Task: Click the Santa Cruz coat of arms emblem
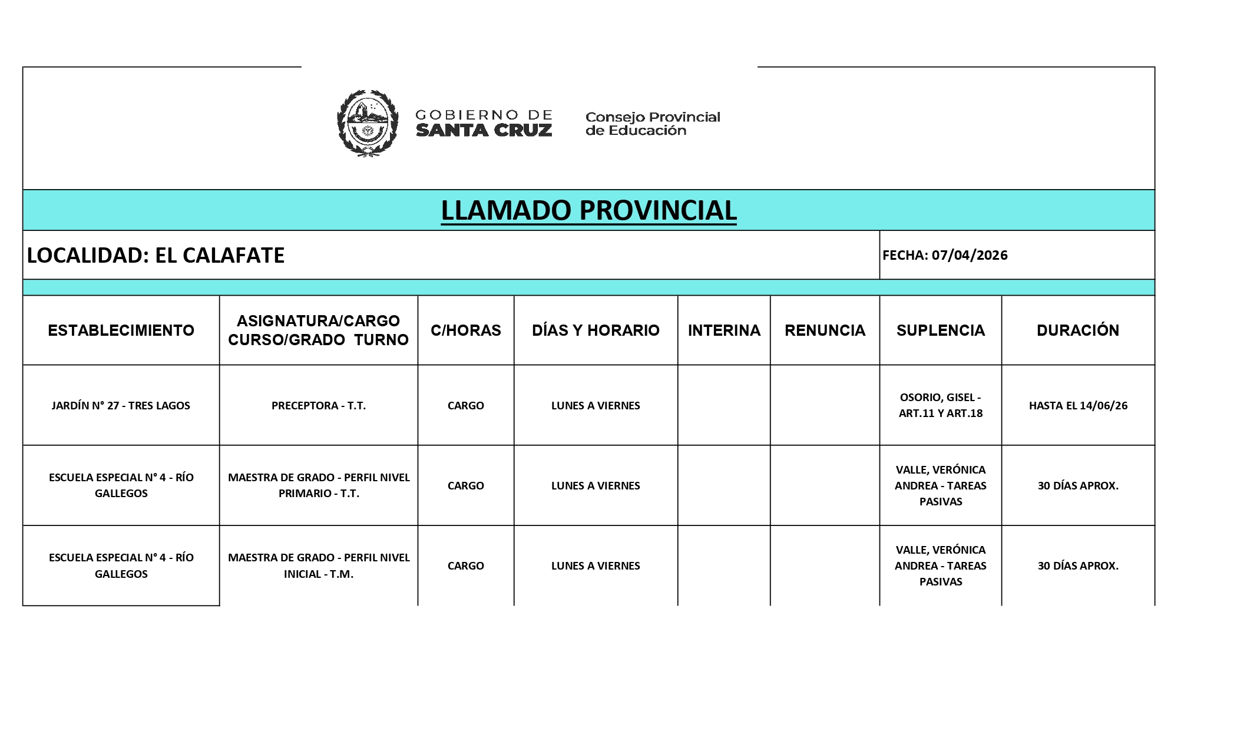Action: tap(367, 123)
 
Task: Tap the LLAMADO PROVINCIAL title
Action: tap(588, 210)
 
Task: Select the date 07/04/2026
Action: tap(969, 255)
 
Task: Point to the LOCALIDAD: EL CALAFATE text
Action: tap(156, 255)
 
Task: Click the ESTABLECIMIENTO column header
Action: tap(121, 330)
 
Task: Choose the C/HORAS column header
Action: tap(465, 330)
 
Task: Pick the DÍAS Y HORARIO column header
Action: tap(596, 330)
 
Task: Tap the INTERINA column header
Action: tap(724, 330)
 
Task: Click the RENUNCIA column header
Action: tap(825, 330)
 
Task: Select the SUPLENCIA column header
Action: tap(940, 330)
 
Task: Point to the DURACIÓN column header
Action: tap(1077, 330)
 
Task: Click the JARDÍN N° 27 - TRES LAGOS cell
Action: tap(121, 405)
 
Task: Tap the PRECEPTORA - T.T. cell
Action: tap(319, 405)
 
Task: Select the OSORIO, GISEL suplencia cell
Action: tap(940, 405)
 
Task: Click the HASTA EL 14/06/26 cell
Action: tap(1077, 405)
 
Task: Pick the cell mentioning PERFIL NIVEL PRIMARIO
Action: tap(319, 485)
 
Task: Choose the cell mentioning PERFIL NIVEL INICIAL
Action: tap(319, 565)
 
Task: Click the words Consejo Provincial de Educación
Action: tap(652, 124)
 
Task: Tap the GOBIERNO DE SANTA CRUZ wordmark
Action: tap(484, 123)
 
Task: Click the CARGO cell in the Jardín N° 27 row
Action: tap(465, 405)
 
